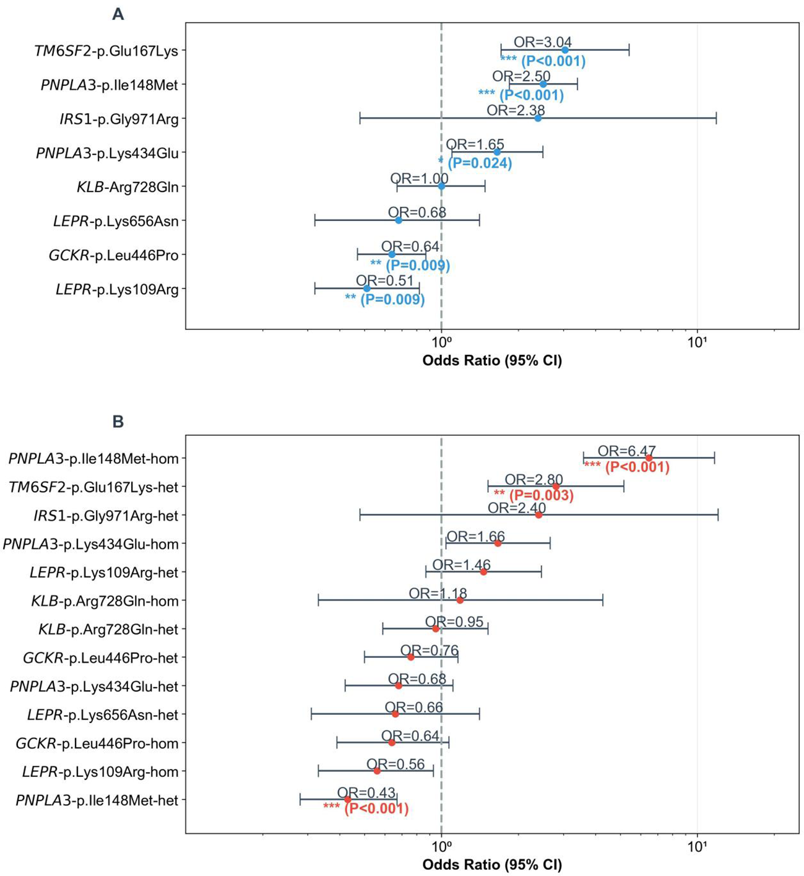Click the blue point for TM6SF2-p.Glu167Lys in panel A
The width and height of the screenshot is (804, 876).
(564, 50)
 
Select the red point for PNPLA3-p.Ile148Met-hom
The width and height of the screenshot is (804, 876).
(649, 458)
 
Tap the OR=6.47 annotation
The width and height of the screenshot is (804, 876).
(626, 451)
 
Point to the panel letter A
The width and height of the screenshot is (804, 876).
(118, 14)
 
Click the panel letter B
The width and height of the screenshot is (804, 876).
(118, 422)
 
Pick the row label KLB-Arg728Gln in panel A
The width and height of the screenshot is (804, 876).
(127, 187)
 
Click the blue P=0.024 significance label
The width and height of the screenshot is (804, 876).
(479, 163)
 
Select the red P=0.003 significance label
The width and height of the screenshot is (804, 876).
(540, 495)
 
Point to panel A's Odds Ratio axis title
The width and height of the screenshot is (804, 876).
(492, 360)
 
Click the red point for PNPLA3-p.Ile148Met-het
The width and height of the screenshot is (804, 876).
(348, 800)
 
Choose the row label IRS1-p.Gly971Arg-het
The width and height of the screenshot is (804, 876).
(106, 516)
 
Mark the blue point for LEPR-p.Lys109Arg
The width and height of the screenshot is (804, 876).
(366, 288)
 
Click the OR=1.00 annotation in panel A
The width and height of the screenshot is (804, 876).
(419, 178)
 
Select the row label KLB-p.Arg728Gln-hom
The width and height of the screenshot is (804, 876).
(105, 601)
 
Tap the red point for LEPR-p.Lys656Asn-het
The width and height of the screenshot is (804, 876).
(395, 714)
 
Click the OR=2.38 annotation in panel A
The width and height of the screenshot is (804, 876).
(516, 110)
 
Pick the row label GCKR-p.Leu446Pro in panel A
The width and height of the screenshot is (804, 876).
(113, 255)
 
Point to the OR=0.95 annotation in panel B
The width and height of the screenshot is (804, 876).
(454, 622)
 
